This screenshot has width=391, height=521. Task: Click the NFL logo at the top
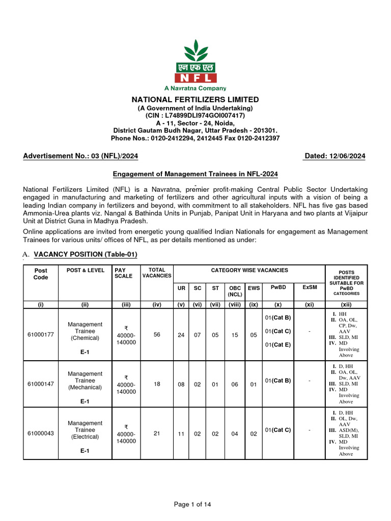[195, 64]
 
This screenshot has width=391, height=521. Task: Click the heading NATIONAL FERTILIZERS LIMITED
[195, 100]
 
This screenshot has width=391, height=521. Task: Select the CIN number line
[195, 115]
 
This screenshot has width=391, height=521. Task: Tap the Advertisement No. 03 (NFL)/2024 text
[80, 156]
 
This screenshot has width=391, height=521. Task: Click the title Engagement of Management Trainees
[195, 174]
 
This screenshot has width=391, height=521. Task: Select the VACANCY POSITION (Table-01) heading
[85, 254]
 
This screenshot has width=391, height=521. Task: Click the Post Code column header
[41, 274]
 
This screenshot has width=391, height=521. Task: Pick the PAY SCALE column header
[124, 273]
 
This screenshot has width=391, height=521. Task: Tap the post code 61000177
[41, 335]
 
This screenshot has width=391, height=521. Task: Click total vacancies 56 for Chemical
[157, 335]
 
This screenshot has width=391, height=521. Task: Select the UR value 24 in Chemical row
[181, 335]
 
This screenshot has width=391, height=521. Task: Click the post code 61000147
[41, 384]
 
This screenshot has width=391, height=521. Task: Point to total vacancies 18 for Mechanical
[157, 384]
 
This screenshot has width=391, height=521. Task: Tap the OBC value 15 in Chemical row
[235, 335]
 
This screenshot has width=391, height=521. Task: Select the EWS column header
[254, 288]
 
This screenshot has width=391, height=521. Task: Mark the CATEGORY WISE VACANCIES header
[249, 270]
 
